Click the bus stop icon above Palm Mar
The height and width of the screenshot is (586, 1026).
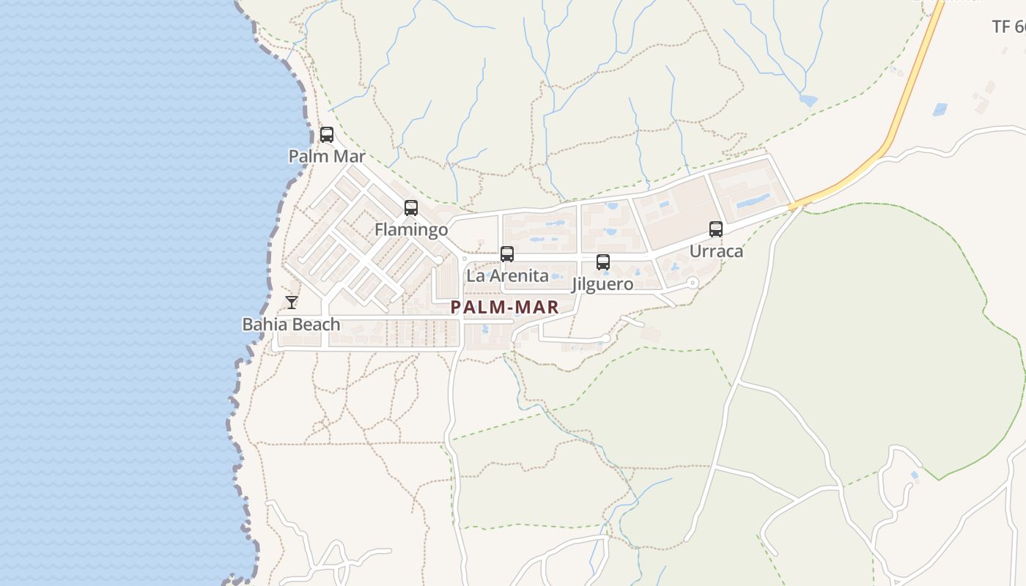(327, 135)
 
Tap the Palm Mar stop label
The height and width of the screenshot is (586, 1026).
(327, 156)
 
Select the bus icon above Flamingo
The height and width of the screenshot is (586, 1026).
(411, 208)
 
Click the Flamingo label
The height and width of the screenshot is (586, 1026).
(411, 230)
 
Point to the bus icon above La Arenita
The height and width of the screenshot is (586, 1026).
(507, 254)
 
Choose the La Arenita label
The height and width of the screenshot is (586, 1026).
(507, 276)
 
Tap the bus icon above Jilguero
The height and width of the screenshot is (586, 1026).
(603, 262)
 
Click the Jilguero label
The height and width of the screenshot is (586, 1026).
(602, 284)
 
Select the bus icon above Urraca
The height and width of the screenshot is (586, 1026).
(716, 229)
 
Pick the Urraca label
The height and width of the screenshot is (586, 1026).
(716, 251)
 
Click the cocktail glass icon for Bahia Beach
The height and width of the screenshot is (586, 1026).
(292, 302)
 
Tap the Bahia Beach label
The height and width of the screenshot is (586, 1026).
(291, 324)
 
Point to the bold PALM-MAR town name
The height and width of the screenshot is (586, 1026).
(505, 308)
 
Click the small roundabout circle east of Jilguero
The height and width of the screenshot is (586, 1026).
(693, 283)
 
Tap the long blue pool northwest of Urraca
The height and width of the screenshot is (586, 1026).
(753, 199)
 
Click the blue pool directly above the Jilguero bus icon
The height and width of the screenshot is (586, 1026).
(610, 231)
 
